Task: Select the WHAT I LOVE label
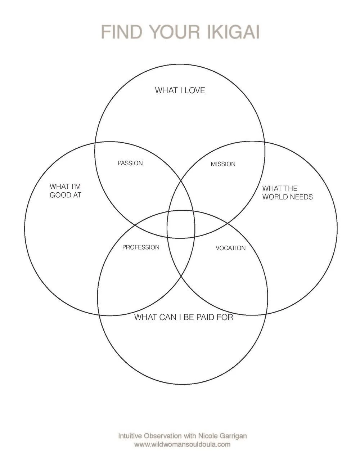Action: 180,90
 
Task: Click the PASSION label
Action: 130,163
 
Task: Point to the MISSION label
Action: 223,164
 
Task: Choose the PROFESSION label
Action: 141,247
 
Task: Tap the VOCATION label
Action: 230,248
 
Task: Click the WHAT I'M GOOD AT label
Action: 66,191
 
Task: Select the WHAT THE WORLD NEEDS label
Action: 287,193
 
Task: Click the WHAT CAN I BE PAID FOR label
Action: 184,317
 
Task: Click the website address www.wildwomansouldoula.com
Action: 182,444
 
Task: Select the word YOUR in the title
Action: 175,32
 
